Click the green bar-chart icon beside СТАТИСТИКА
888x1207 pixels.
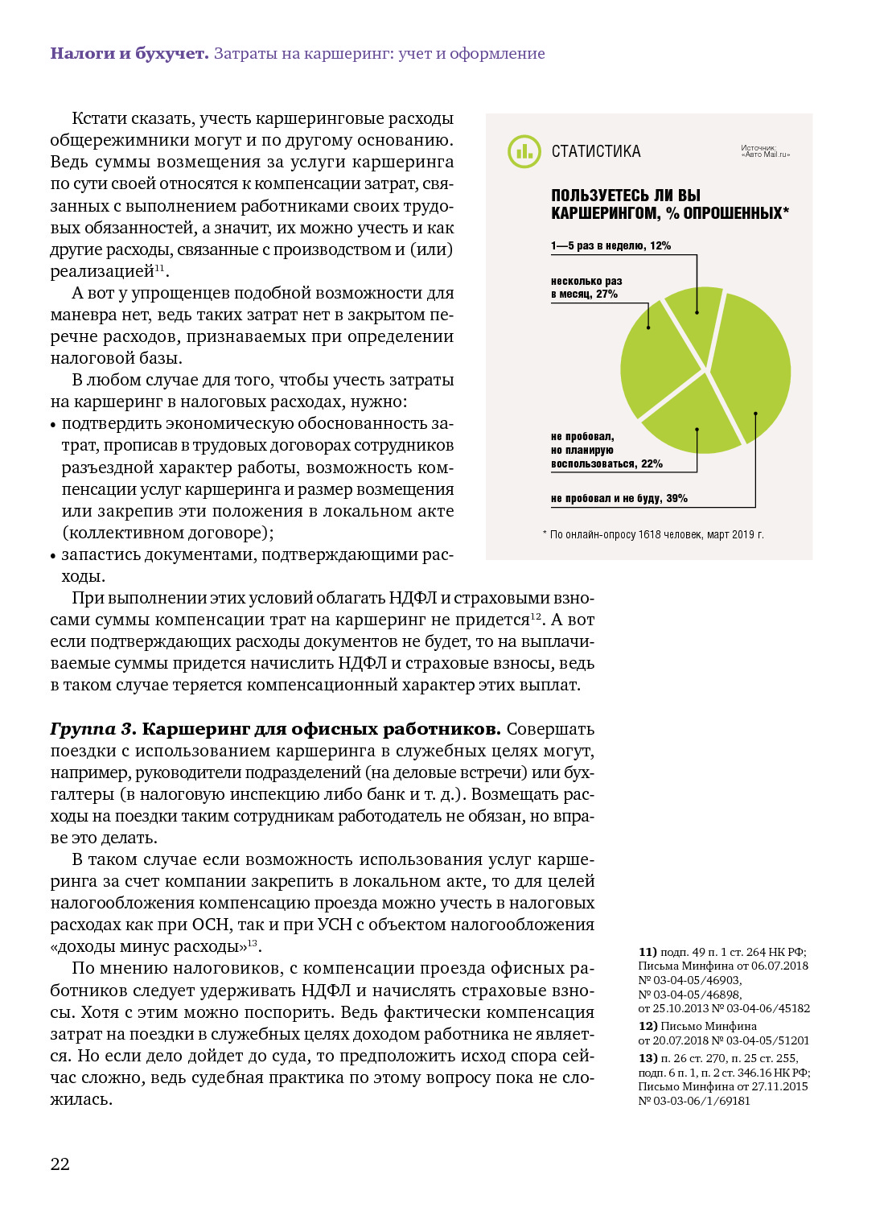(524, 151)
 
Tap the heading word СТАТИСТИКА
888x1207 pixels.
(596, 151)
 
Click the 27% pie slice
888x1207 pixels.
(657, 354)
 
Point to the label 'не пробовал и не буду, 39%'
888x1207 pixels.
(619, 499)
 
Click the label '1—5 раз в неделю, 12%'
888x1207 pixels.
(610, 245)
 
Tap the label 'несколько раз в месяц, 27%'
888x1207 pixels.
(586, 287)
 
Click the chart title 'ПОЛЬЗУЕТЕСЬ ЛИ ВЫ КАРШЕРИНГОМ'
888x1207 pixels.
(669, 204)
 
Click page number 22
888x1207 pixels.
(60, 1164)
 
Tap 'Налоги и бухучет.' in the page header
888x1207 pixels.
(129, 54)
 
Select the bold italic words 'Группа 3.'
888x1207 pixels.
(93, 729)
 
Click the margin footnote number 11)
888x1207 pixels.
(647, 952)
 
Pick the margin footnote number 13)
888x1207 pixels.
(647, 1058)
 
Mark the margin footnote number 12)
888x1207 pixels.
(647, 1026)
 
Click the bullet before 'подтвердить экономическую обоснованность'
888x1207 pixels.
(54, 425)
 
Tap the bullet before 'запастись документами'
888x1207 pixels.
(54, 556)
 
